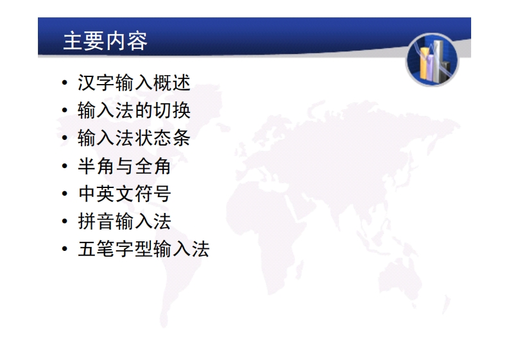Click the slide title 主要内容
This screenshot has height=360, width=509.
105,41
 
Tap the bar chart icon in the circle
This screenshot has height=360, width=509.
432,60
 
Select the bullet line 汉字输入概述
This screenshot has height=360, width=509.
134,83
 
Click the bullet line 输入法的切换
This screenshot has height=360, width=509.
134,110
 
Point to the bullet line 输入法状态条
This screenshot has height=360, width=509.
134,138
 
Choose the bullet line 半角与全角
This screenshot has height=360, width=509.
125,166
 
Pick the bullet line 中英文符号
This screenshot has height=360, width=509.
125,193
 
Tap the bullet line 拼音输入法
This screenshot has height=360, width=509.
125,221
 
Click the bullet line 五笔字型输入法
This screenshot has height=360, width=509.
144,249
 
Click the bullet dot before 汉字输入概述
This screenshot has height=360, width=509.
65,82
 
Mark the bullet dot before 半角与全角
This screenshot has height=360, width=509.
65,166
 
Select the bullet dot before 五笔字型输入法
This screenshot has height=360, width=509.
65,249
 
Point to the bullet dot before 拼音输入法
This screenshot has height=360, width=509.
65,221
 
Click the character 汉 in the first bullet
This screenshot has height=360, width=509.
87,83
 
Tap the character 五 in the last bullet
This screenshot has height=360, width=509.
87,249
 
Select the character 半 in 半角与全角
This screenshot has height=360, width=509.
87,166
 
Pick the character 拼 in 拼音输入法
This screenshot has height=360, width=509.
87,221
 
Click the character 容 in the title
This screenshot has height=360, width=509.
137,41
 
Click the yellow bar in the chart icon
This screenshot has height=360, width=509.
424,63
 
